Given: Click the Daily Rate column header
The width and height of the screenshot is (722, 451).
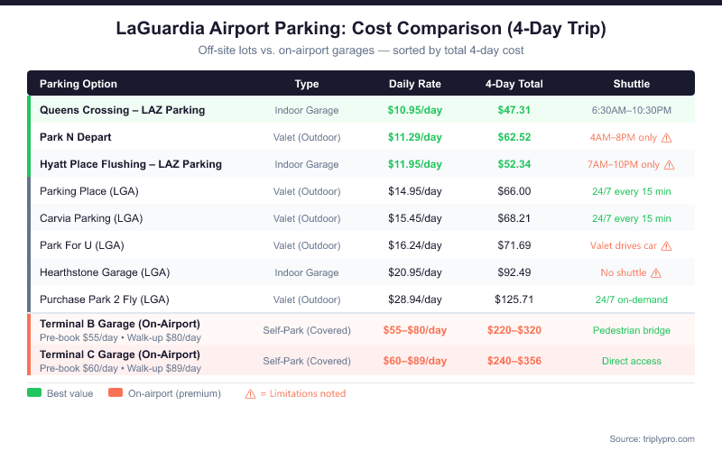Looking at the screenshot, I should pyautogui.click(x=415, y=84).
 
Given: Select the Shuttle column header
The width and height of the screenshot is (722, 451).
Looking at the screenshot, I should pyautogui.click(x=631, y=84).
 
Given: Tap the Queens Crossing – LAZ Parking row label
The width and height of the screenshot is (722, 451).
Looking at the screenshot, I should pyautogui.click(x=122, y=110).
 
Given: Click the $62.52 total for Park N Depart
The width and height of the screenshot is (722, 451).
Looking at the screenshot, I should pyautogui.click(x=514, y=137).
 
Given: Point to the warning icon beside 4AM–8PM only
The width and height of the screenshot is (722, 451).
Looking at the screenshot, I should pyautogui.click(x=667, y=138).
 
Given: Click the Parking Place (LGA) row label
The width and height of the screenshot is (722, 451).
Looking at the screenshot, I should pyautogui.click(x=88, y=191).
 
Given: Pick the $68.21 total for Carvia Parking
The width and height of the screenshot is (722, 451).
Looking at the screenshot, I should pyautogui.click(x=514, y=218).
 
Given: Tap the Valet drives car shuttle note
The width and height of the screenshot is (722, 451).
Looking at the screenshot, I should pyautogui.click(x=624, y=245).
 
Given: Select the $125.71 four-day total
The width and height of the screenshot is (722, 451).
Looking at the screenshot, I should pyautogui.click(x=514, y=299).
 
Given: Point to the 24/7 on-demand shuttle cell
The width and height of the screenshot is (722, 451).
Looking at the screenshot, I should pyautogui.click(x=631, y=299).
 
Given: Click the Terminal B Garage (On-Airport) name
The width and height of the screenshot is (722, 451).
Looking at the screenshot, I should pyautogui.click(x=120, y=324).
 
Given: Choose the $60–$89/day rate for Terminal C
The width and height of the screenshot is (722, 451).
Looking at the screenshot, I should pyautogui.click(x=415, y=361).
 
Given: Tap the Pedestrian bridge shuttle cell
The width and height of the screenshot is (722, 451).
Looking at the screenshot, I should pyautogui.click(x=631, y=330).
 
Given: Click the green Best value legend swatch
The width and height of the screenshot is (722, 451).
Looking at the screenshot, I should pyautogui.click(x=35, y=393).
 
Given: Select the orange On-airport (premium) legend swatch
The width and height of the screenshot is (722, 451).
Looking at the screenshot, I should pyautogui.click(x=116, y=393).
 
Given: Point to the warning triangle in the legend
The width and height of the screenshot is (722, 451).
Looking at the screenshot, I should pyautogui.click(x=251, y=393).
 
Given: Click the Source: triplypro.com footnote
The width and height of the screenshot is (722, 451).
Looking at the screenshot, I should pyautogui.click(x=652, y=438).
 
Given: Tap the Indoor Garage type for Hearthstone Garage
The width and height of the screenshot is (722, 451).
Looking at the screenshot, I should pyautogui.click(x=307, y=272).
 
